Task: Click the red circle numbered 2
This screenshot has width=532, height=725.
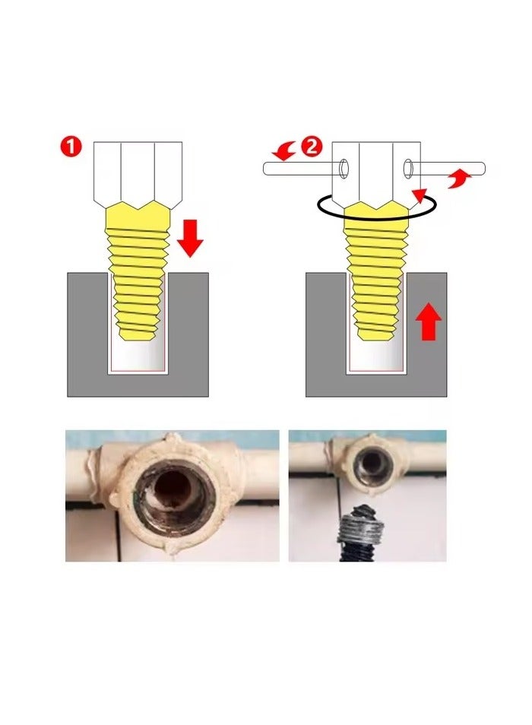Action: coord(311,147)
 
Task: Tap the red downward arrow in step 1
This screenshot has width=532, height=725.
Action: coord(190,236)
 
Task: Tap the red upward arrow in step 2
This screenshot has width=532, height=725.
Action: coord(429,321)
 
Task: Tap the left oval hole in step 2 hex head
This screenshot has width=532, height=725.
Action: coord(346,166)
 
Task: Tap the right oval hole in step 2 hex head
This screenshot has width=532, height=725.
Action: coord(409,166)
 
